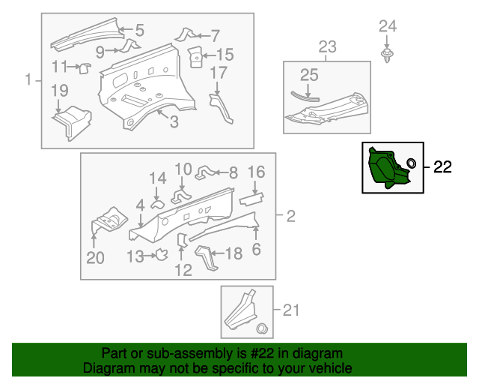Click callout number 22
click(x=442, y=167)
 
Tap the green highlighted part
click(x=385, y=167)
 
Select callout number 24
click(x=387, y=27)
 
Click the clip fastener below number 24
click(x=388, y=57)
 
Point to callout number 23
click(x=327, y=49)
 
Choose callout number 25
click(x=309, y=74)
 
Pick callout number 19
click(x=59, y=91)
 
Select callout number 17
click(x=218, y=73)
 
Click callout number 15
click(x=225, y=54)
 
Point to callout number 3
click(x=173, y=121)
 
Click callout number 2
click(x=290, y=217)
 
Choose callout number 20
click(x=95, y=259)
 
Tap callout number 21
click(x=290, y=308)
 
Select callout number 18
click(x=234, y=253)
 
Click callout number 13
click(x=135, y=256)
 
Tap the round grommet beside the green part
click(x=411, y=163)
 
